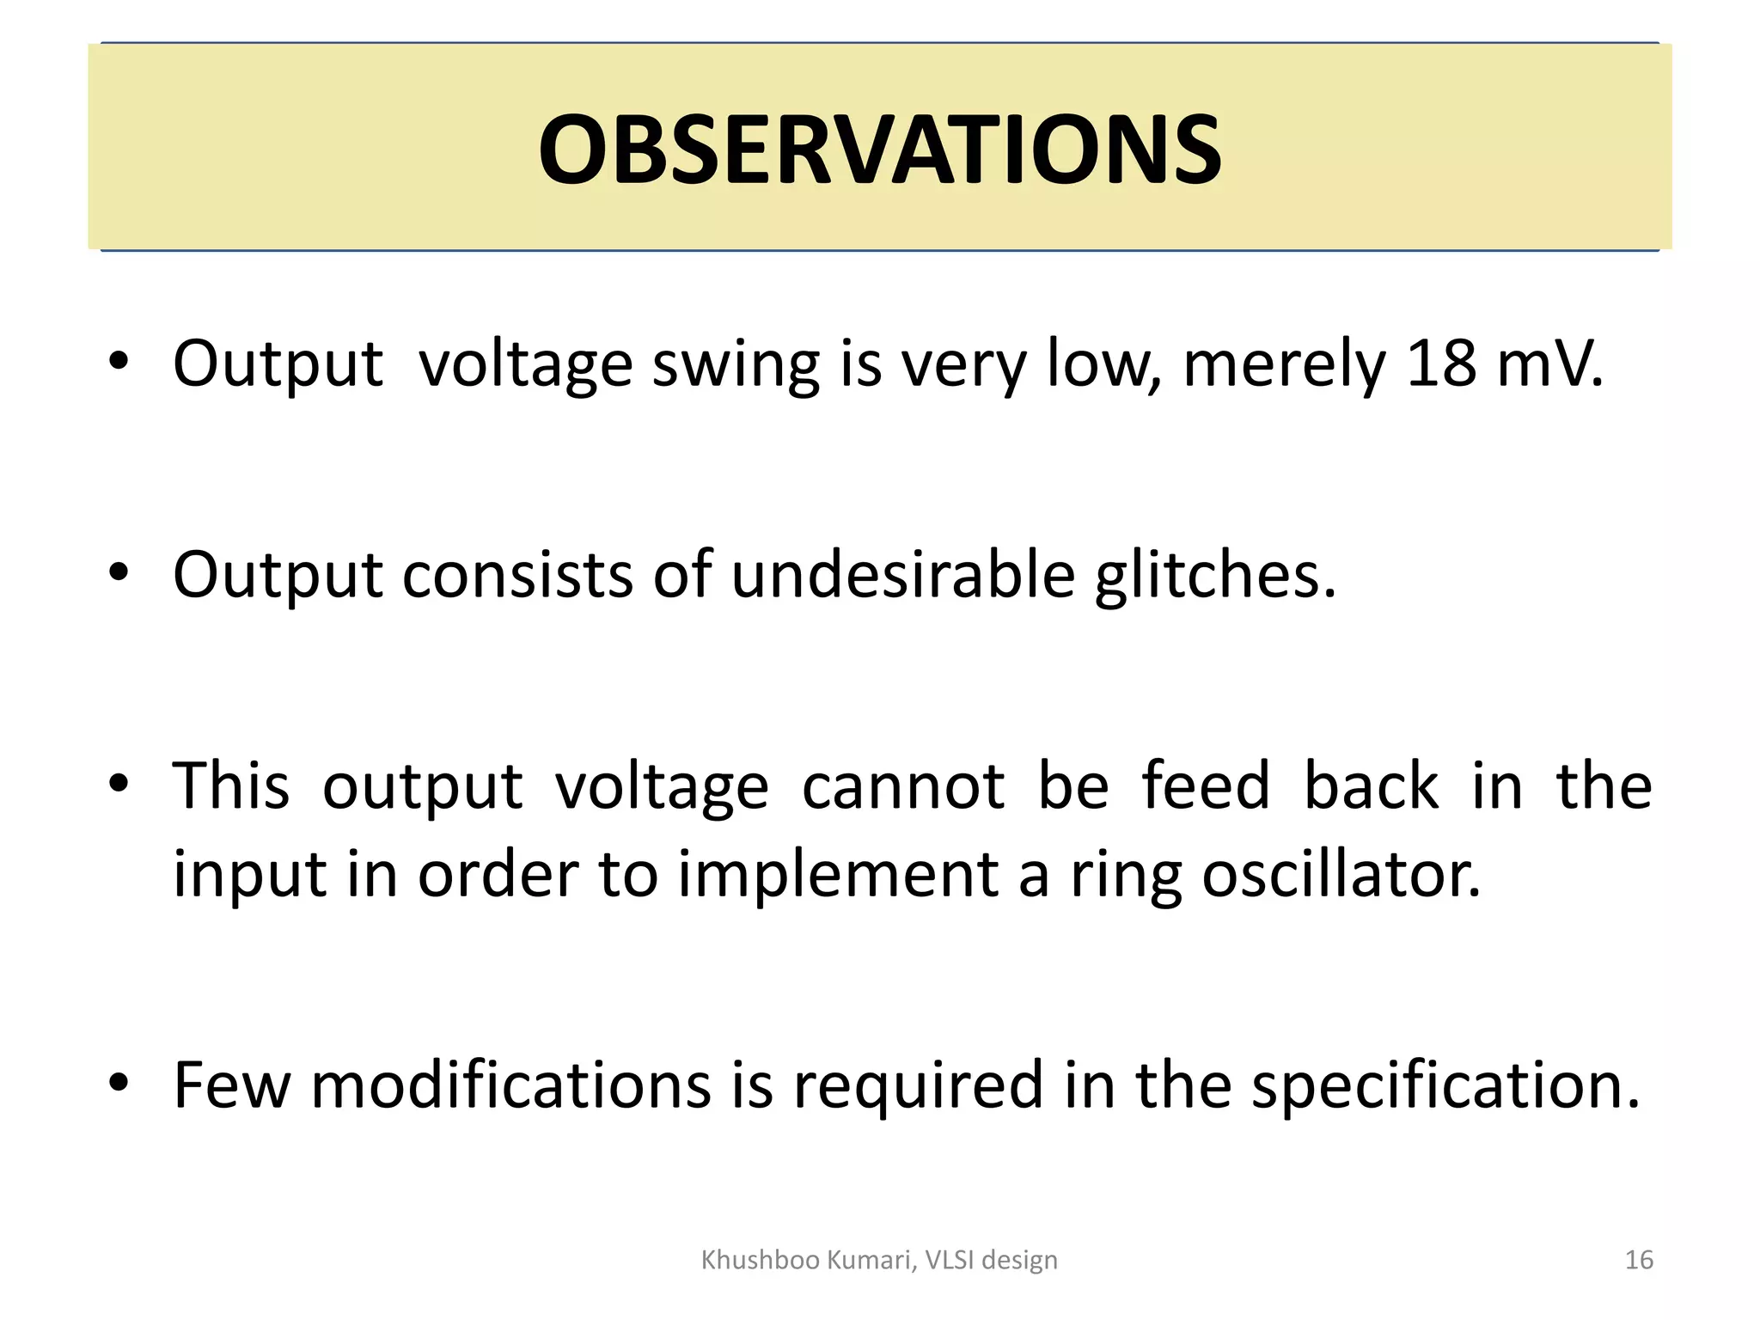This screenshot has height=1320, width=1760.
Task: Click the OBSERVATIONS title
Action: click(879, 150)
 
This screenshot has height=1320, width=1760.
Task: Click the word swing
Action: click(736, 365)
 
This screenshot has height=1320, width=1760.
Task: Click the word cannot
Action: click(902, 786)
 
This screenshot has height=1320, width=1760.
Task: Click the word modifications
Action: click(510, 1085)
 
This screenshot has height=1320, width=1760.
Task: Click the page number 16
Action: click(1639, 1260)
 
